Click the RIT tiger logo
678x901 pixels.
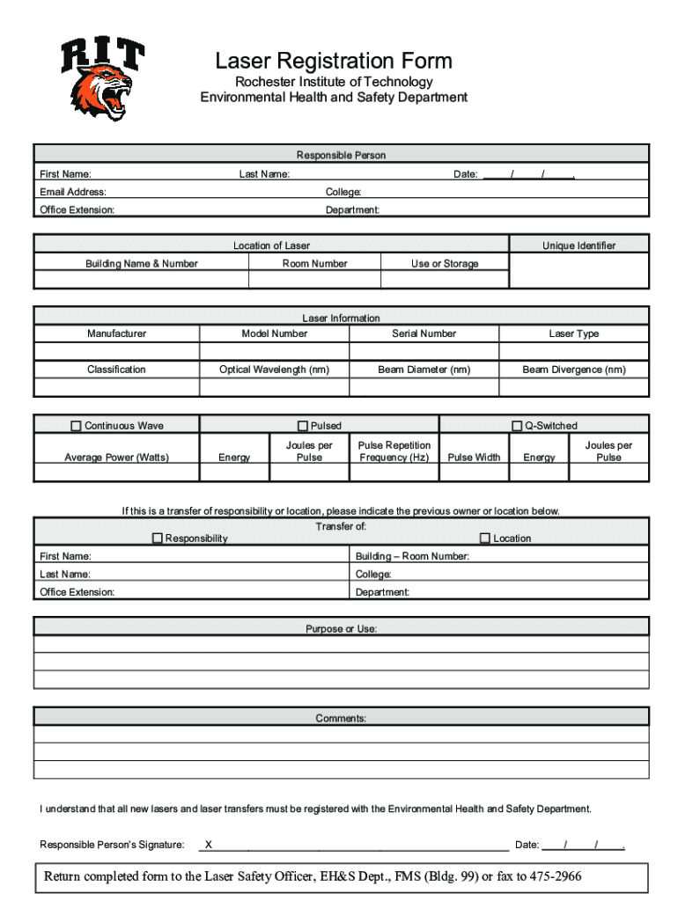point(101,79)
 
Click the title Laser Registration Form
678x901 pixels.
point(334,61)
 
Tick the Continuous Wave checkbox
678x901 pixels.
point(76,426)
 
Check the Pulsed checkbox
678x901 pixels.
point(303,426)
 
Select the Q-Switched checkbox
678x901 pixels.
point(517,426)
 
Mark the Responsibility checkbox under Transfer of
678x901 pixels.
point(158,538)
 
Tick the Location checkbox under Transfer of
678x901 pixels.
point(484,538)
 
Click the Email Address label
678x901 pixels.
point(73,192)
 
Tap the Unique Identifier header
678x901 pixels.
point(579,245)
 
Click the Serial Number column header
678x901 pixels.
point(424,333)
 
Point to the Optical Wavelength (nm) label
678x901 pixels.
point(274,370)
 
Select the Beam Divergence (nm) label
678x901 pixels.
point(573,370)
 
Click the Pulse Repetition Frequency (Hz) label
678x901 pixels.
point(394,451)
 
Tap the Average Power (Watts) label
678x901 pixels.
point(116,458)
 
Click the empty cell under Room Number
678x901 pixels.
point(314,280)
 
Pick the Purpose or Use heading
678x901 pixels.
point(341,629)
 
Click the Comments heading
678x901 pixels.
point(341,719)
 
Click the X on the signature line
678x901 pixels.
point(208,845)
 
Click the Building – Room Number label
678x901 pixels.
point(412,556)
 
